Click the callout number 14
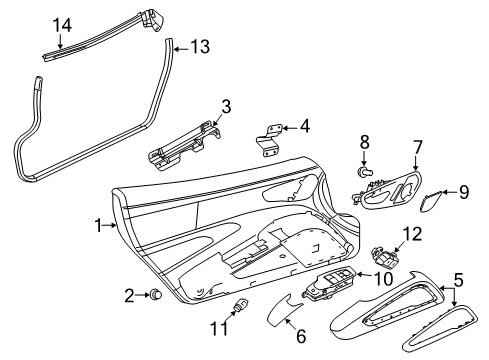[x=62, y=24]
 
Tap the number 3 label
[x=227, y=107]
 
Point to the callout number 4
[x=304, y=127]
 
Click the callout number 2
[x=129, y=294]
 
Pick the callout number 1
[x=98, y=227]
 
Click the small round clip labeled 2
[x=156, y=294]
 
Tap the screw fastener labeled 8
[x=365, y=173]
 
